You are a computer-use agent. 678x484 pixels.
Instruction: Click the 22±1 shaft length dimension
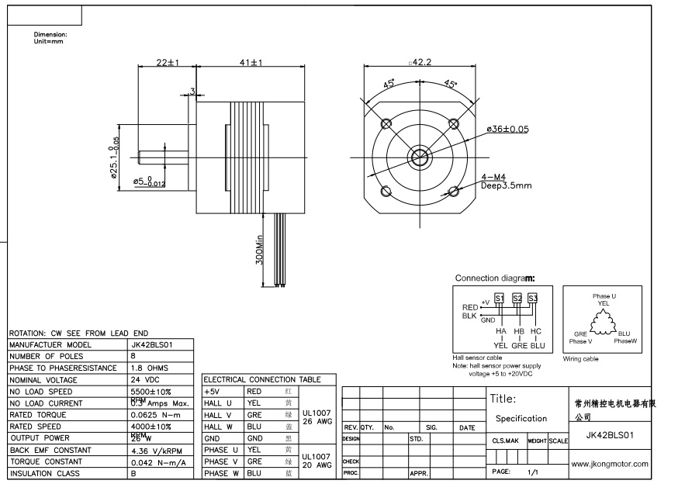point(167,62)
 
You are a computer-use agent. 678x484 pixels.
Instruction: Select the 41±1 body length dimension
point(250,62)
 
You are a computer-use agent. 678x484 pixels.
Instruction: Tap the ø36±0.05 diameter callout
point(507,129)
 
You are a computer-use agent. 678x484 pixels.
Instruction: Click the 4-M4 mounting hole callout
point(493,177)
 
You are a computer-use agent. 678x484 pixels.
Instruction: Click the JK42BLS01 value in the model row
point(149,344)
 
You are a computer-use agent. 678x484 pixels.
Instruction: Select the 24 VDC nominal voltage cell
point(146,380)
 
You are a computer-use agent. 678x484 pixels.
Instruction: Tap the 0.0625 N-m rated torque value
point(155,415)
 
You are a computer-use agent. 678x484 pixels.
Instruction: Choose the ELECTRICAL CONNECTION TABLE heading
point(261,380)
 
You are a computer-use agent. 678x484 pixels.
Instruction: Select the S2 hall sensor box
point(517,299)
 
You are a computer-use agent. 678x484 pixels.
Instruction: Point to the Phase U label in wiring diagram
point(604,296)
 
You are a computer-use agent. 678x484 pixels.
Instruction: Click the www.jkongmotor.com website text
point(609,464)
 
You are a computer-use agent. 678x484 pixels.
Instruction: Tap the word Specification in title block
point(521,418)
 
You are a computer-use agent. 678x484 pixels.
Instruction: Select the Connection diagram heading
point(494,278)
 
